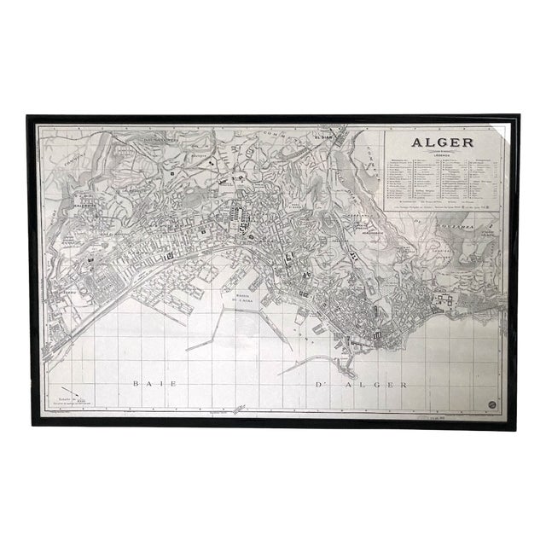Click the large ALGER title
pos(441,142)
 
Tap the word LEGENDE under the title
pos(441,154)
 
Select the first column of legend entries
pos(401,181)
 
